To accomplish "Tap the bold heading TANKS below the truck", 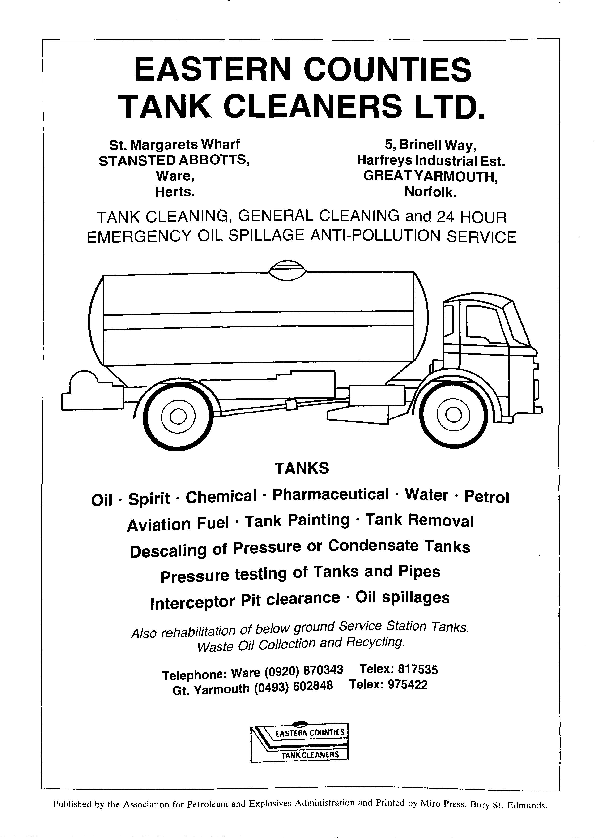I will [x=302, y=468].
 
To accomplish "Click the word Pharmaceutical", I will [x=330, y=495].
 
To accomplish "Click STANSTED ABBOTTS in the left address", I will [x=174, y=160].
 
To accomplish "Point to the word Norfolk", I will [x=430, y=192].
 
